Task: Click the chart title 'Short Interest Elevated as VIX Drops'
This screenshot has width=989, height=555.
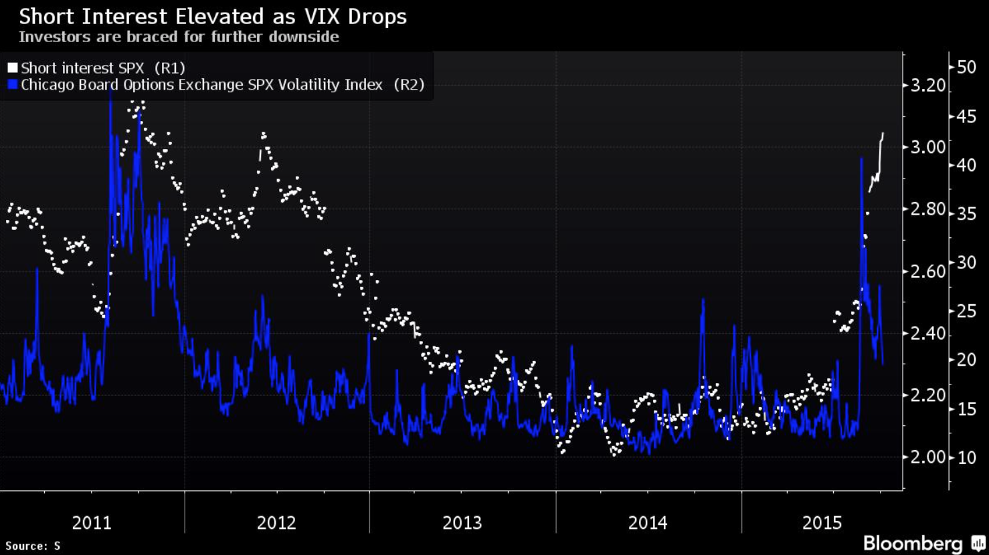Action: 213,16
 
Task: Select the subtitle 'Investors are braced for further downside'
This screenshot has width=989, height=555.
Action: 179,37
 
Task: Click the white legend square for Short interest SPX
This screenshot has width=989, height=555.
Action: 13,68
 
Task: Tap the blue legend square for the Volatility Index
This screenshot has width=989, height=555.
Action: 13,85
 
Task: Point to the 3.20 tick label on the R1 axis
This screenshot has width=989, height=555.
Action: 928,86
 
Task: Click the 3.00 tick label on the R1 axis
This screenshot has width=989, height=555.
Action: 928,147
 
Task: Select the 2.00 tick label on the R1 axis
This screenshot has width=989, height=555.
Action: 928,457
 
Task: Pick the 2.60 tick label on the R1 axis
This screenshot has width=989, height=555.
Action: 928,271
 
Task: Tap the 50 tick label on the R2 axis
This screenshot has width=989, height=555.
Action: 966,67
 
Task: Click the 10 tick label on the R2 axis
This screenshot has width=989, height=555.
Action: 966,457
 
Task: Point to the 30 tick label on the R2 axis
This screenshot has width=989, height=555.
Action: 966,262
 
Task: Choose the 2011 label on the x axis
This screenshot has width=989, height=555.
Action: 92,522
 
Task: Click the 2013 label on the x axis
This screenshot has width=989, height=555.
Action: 462,522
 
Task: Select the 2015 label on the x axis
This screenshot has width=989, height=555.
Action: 822,522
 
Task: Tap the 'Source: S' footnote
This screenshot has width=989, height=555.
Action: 33,546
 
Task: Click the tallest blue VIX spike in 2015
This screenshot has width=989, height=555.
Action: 861,158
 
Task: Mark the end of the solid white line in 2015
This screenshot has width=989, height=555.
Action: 883,134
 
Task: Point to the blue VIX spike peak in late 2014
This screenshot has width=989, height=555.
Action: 703,300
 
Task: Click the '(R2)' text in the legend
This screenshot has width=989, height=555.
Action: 409,85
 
